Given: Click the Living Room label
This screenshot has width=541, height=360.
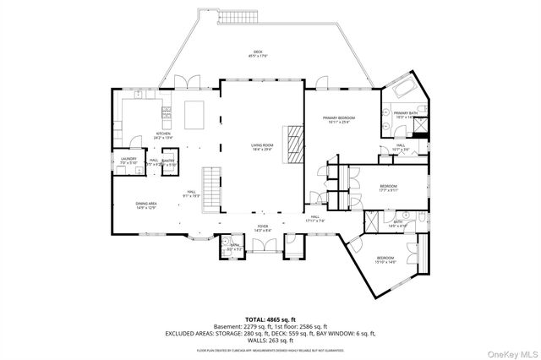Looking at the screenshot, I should click(x=262, y=147).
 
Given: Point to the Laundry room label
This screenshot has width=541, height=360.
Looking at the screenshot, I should click(x=128, y=161).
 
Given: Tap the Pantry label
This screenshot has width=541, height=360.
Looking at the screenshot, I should click(x=167, y=161).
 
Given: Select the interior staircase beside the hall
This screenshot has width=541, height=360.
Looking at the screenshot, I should click(x=215, y=189).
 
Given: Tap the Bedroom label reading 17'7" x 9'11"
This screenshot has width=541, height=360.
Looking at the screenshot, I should click(x=388, y=188).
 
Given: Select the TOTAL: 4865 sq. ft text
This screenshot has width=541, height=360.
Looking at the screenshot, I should click(x=270, y=319).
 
